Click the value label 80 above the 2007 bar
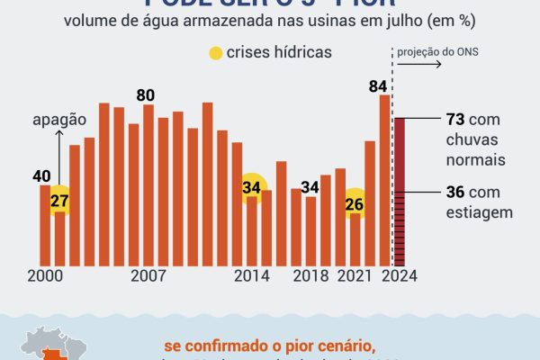pos(147,94)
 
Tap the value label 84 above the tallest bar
pos(379,85)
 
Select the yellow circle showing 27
pos(60,200)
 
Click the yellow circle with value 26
pos(355,203)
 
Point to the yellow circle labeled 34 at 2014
pos(252,188)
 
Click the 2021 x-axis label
pos(355,275)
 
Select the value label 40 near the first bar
pos(41,176)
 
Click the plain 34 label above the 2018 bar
pos(310,187)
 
